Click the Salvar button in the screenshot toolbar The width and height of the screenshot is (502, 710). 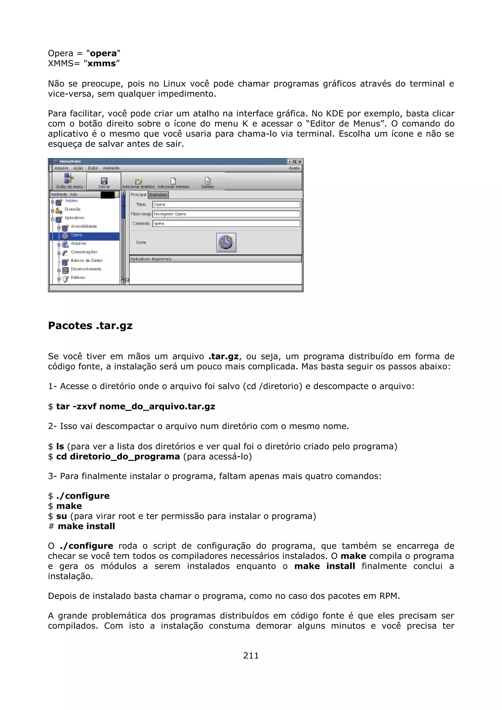pyautogui.click(x=104, y=183)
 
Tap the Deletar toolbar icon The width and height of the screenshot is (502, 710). pyautogui.click(x=208, y=183)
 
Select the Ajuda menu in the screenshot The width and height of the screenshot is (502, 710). pyautogui.click(x=294, y=168)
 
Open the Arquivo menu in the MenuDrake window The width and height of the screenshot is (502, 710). pyautogui.click(x=61, y=168)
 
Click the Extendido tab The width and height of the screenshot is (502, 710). pyautogui.click(x=158, y=195)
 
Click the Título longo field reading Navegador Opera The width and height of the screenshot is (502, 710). pyautogui.click(x=226, y=214)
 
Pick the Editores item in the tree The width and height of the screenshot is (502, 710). pyautogui.click(x=78, y=277)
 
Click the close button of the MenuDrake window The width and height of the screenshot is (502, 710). pyautogui.click(x=299, y=161)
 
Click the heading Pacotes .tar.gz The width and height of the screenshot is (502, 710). pyautogui.click(x=90, y=326)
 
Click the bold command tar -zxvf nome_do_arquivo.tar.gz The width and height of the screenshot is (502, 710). pyautogui.click(x=136, y=406)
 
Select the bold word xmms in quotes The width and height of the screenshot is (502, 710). pyautogui.click(x=101, y=63)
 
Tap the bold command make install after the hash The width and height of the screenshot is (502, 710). pyautogui.click(x=86, y=526)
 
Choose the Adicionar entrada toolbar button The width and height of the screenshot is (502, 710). pyautogui.click(x=173, y=183)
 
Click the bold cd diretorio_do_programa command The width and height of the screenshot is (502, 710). pyautogui.click(x=118, y=456)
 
